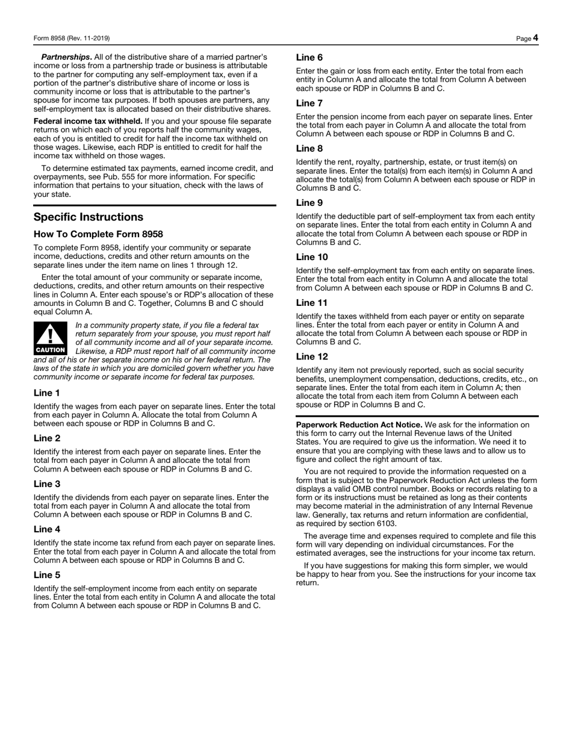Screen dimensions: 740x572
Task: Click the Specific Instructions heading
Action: click(x=88, y=217)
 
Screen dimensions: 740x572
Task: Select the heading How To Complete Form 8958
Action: click(x=98, y=234)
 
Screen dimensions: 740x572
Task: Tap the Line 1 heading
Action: click(x=47, y=393)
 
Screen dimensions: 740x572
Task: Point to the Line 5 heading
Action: click(x=47, y=574)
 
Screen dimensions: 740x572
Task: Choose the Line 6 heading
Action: click(x=309, y=57)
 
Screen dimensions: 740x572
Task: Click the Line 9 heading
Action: click(x=309, y=202)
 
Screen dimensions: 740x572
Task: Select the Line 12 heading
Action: click(x=312, y=356)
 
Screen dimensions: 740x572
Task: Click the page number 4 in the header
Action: click(x=535, y=38)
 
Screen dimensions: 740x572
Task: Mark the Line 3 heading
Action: click(x=47, y=483)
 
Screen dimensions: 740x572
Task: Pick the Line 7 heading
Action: click(x=309, y=103)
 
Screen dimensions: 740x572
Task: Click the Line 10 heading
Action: click(x=312, y=257)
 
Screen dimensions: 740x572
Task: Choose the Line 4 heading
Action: click(x=47, y=529)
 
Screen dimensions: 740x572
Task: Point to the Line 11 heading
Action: click(x=312, y=302)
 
